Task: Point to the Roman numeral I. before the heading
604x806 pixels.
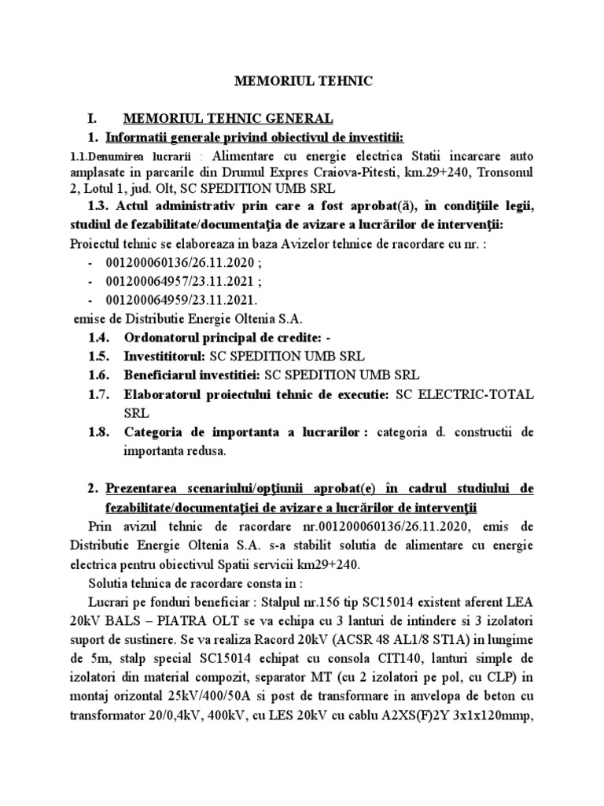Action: click(93, 119)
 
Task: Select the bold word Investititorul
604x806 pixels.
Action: click(167, 355)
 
